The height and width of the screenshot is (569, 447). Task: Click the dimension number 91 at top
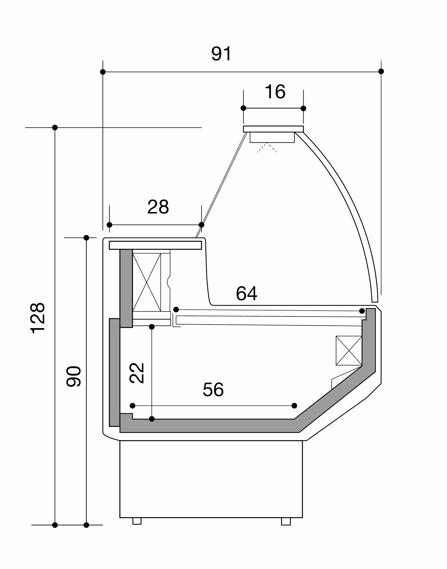click(221, 54)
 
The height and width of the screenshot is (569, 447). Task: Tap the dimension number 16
click(275, 92)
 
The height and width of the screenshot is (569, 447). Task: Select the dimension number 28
click(158, 207)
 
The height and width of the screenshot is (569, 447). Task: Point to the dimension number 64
click(246, 293)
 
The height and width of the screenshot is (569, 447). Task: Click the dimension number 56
click(213, 389)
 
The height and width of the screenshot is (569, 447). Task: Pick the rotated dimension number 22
click(137, 373)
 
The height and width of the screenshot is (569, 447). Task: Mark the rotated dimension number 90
click(74, 376)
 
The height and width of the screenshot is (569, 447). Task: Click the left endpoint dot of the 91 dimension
click(103, 72)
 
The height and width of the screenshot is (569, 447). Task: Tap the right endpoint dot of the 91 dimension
click(381, 71)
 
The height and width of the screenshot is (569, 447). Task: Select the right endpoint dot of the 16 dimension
click(303, 108)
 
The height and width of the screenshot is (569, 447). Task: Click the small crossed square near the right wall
click(349, 351)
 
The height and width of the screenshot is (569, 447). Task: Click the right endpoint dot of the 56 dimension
click(294, 406)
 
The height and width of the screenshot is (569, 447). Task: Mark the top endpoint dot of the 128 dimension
click(55, 128)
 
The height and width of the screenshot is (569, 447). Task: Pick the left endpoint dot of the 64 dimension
click(176, 310)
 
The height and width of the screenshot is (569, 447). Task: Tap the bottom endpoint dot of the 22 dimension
click(152, 419)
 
